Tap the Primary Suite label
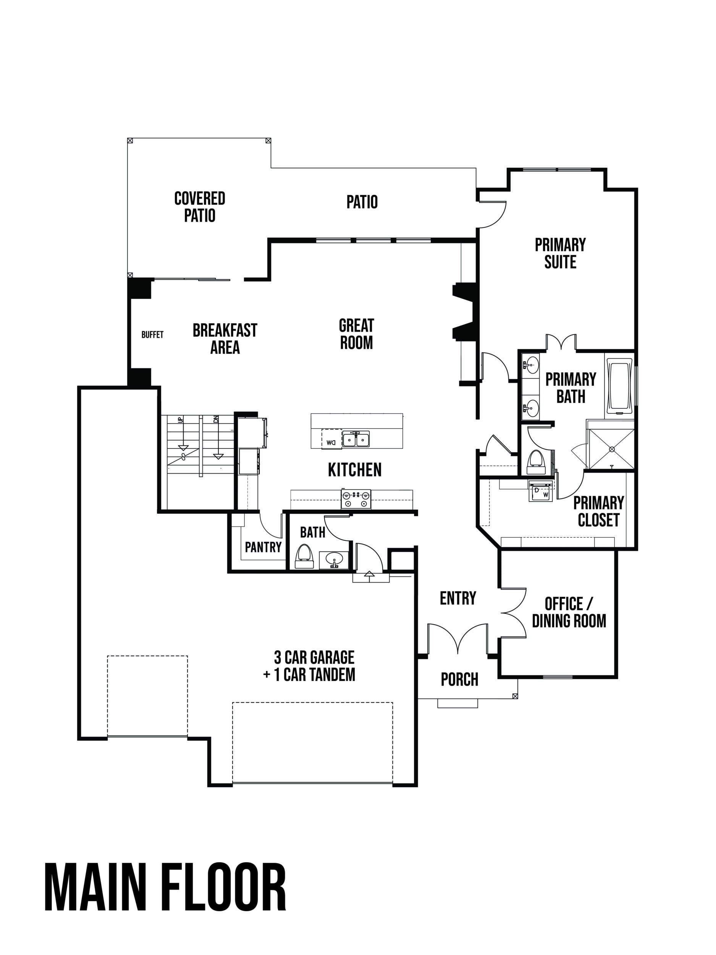coord(560,253)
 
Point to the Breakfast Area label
coord(225,339)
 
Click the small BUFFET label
coord(152,335)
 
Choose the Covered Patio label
coord(200,207)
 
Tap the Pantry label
coord(263,547)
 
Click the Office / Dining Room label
coord(569,612)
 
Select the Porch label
coord(460,680)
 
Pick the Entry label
coord(458,598)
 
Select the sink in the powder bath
coord(334,560)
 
